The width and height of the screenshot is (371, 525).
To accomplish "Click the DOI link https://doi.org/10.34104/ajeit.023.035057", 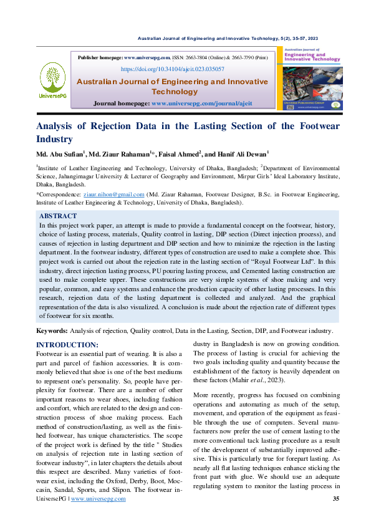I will tap(172, 69).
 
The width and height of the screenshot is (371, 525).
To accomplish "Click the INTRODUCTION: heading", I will tap(67, 345).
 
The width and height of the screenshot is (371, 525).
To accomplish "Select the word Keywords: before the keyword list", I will tap(52, 330).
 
